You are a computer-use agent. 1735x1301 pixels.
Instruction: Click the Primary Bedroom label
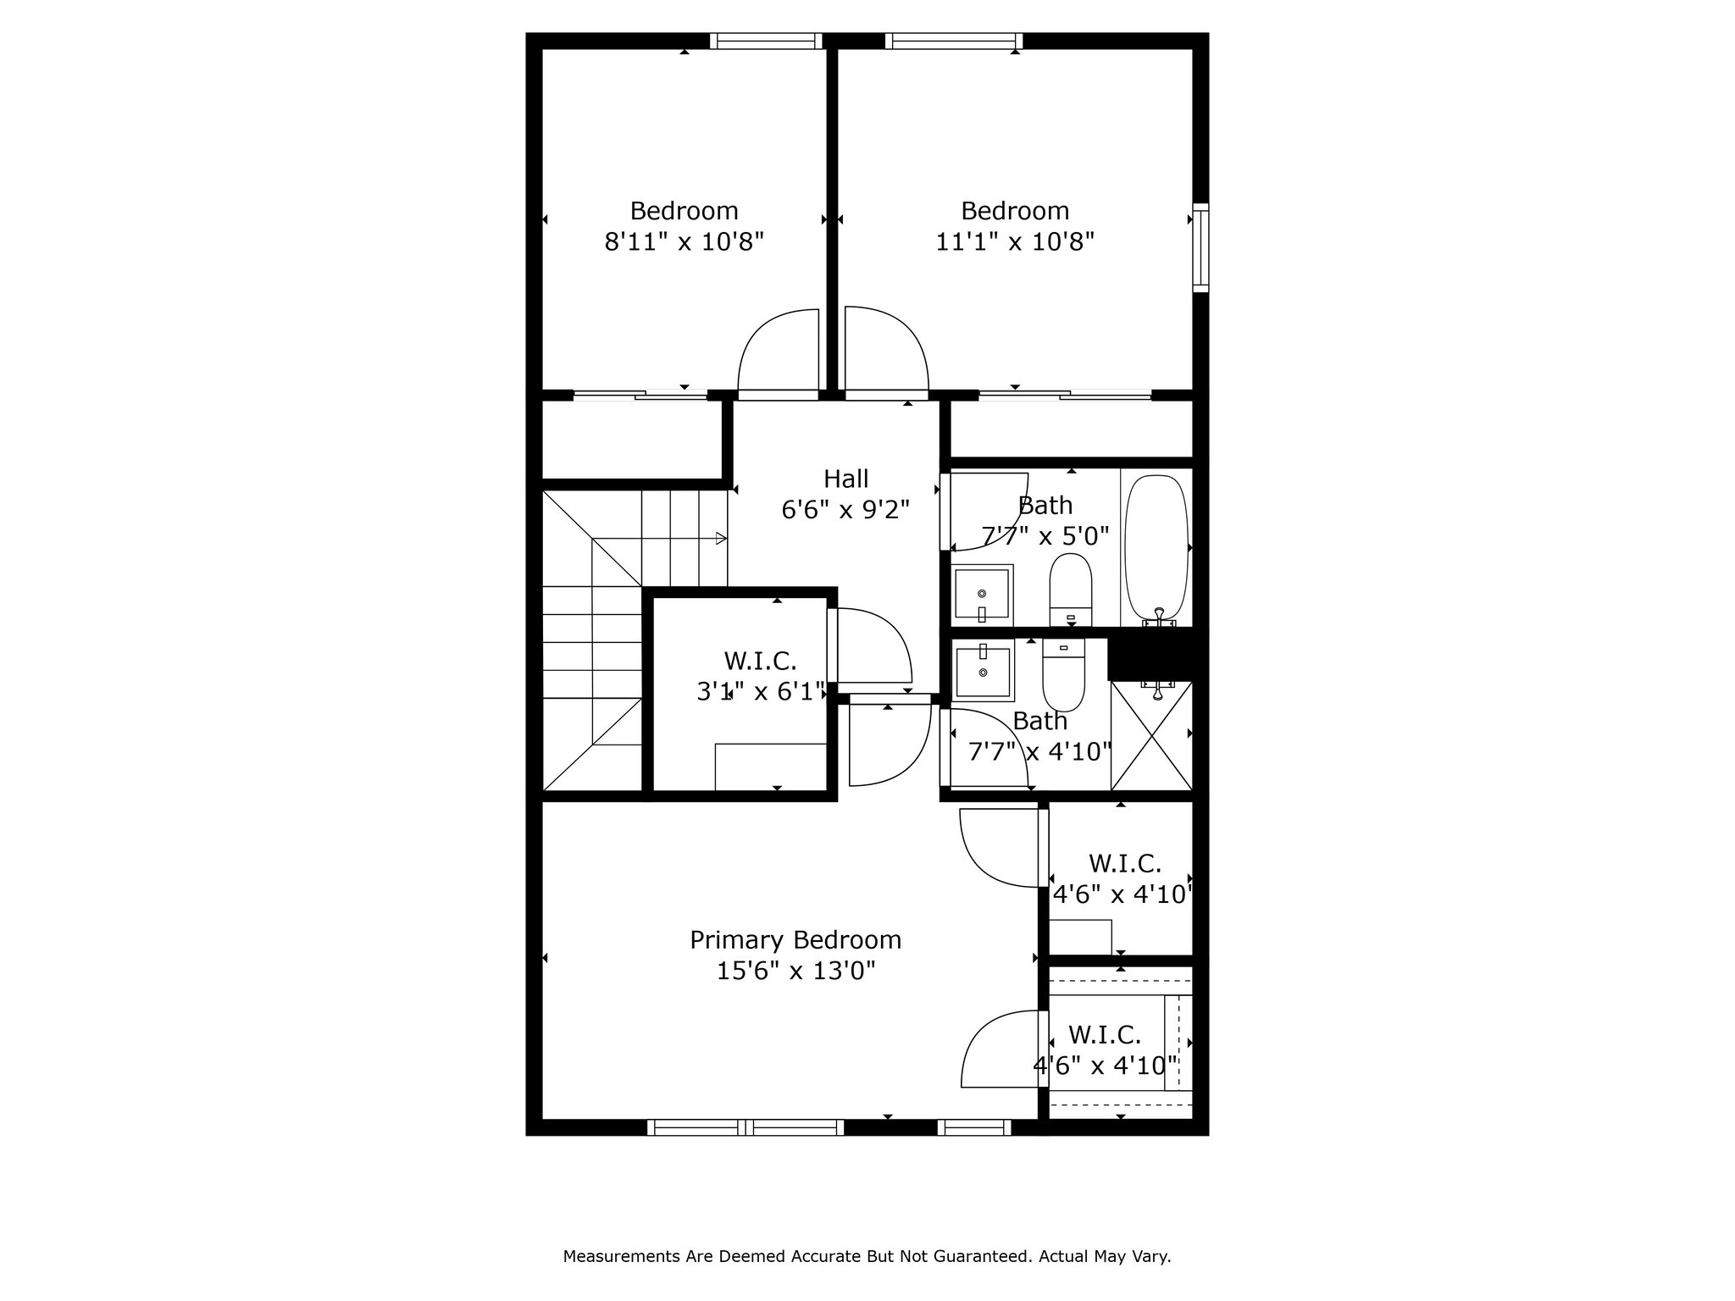click(795, 940)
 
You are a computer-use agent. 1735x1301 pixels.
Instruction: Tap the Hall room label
click(846, 479)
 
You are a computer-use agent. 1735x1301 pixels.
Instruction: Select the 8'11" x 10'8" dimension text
click(685, 242)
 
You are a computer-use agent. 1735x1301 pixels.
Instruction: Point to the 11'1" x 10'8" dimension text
click(1015, 242)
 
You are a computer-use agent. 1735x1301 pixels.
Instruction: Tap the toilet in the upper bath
click(1071, 590)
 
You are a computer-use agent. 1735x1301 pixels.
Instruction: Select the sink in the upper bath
click(982, 594)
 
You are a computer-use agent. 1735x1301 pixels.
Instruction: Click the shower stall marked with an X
click(1151, 736)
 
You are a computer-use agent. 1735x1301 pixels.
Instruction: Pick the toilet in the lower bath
click(1063, 675)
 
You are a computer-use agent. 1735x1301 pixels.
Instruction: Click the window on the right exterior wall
click(1200, 248)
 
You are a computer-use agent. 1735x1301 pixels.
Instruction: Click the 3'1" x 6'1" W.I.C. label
click(761, 676)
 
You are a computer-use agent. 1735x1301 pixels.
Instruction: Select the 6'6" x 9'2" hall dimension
click(845, 510)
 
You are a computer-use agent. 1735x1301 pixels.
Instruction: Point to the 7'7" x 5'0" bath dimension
click(1045, 536)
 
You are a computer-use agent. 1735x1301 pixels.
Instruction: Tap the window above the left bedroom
click(767, 41)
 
